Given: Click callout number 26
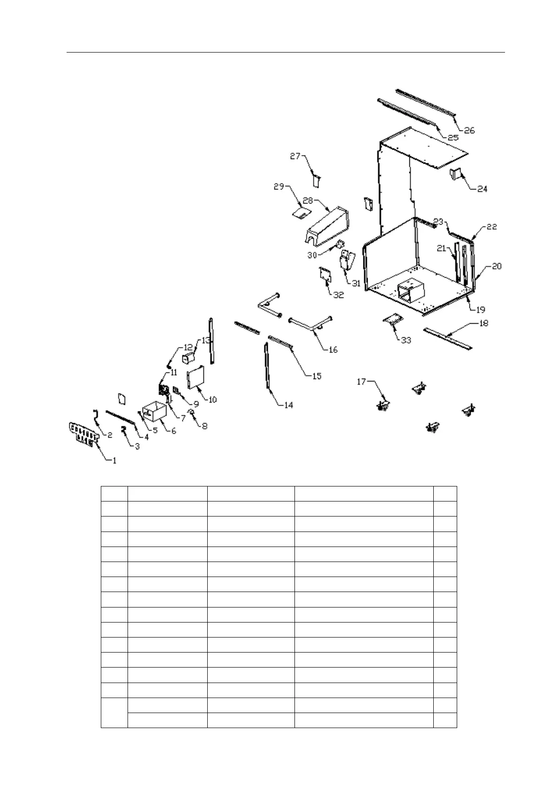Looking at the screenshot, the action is [469, 130].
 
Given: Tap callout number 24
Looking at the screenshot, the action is [482, 189].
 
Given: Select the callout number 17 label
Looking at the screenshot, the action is [361, 382].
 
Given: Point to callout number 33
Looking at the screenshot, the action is [406, 340].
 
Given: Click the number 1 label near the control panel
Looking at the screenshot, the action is [113, 461].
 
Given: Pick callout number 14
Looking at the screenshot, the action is [288, 404].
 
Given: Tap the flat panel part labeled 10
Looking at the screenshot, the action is [196, 377].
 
